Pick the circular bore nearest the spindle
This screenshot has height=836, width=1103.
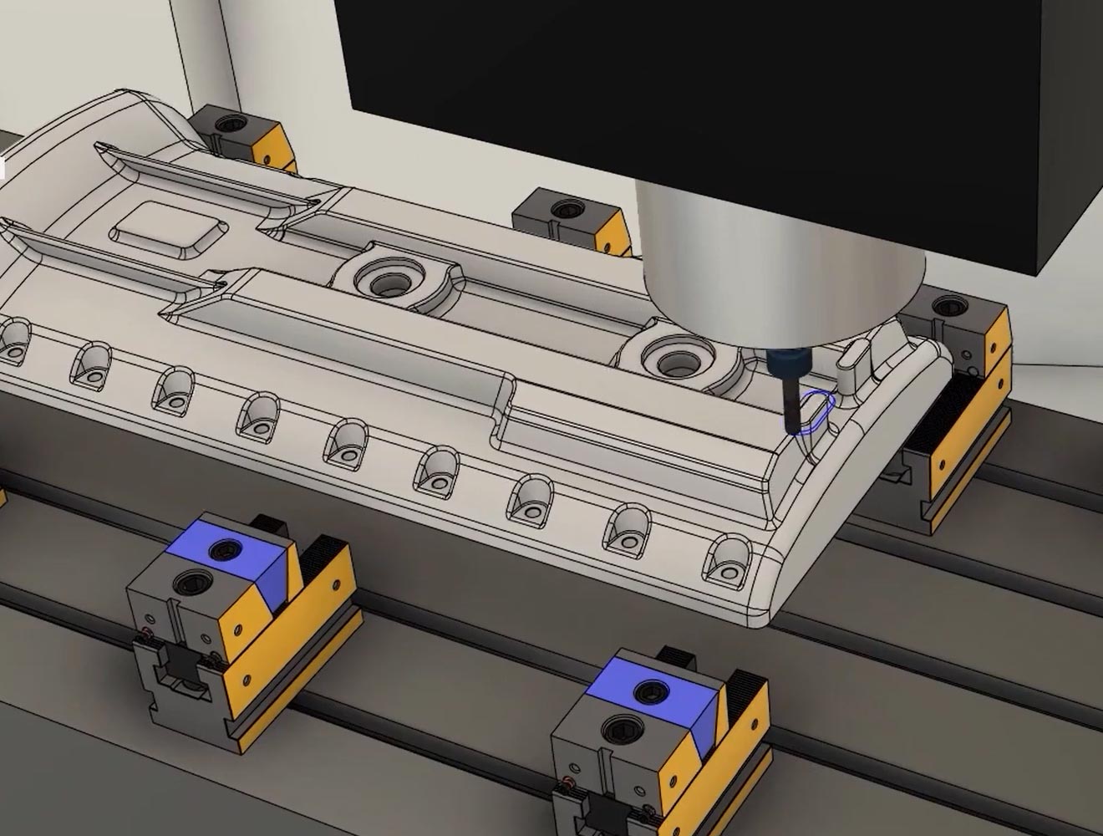point(673,361)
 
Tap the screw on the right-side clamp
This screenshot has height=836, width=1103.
point(947,307)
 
